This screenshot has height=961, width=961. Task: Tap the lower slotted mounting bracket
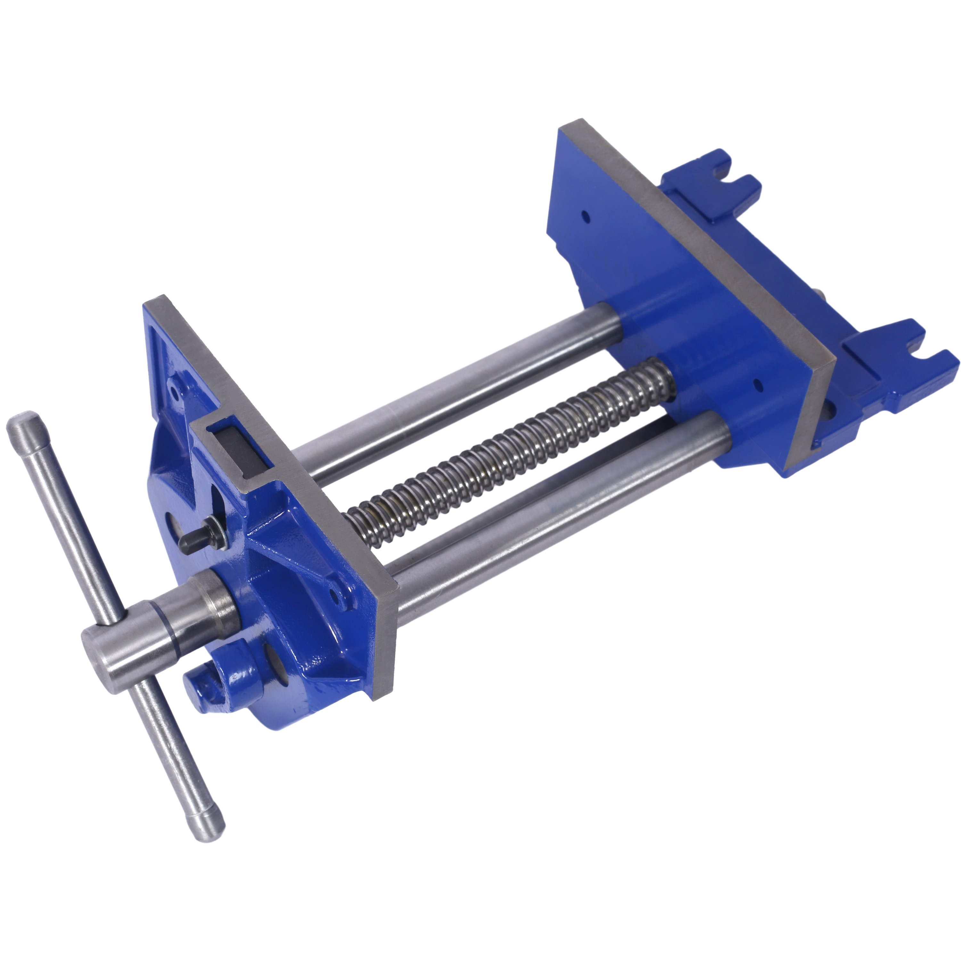[x=895, y=353]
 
